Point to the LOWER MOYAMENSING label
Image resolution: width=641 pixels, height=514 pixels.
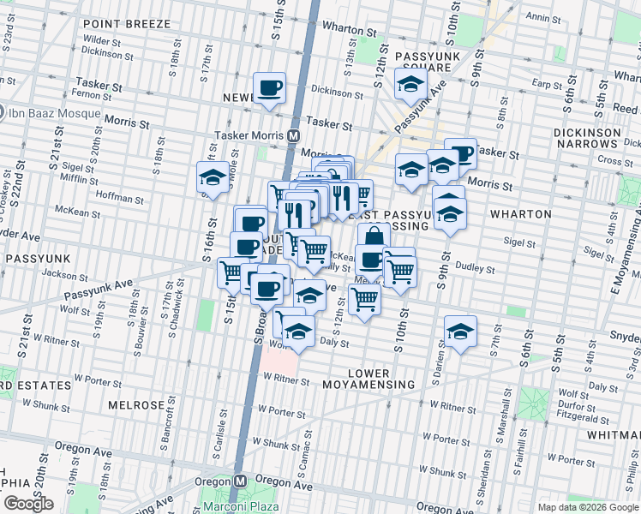tap(369, 380)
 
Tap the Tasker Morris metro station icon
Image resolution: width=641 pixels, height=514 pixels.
tap(294, 136)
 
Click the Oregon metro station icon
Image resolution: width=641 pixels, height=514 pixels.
tap(243, 481)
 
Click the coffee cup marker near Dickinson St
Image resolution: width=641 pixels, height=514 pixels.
tap(270, 88)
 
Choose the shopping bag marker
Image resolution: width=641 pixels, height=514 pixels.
tap(374, 236)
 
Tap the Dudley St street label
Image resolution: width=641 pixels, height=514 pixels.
tap(470, 266)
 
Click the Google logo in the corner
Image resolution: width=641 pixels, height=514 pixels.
tap(29, 504)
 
